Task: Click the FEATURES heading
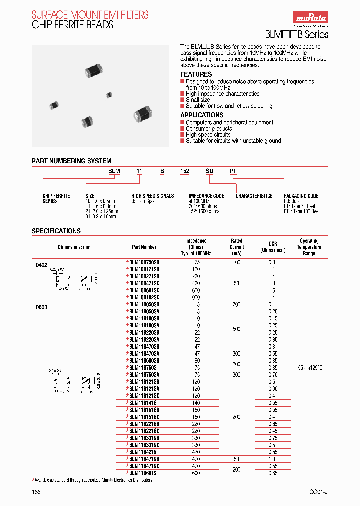coord(196,74)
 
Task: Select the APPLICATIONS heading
coord(202,115)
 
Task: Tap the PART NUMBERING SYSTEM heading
coord(71,161)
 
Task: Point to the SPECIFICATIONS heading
coord(56,231)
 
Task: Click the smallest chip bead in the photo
coord(108,95)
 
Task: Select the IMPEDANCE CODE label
coord(206,196)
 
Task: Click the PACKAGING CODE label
coord(301,196)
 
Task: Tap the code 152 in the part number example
coord(185,171)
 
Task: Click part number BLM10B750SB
coord(144,262)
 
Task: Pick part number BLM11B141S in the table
coord(144,402)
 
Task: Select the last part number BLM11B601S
coord(144,473)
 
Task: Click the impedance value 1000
coord(196,297)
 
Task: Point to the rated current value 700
coord(236,304)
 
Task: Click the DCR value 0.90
coord(272,388)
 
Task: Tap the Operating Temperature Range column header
coord(309,247)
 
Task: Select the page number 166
coord(36,492)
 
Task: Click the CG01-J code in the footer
coord(318,492)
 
